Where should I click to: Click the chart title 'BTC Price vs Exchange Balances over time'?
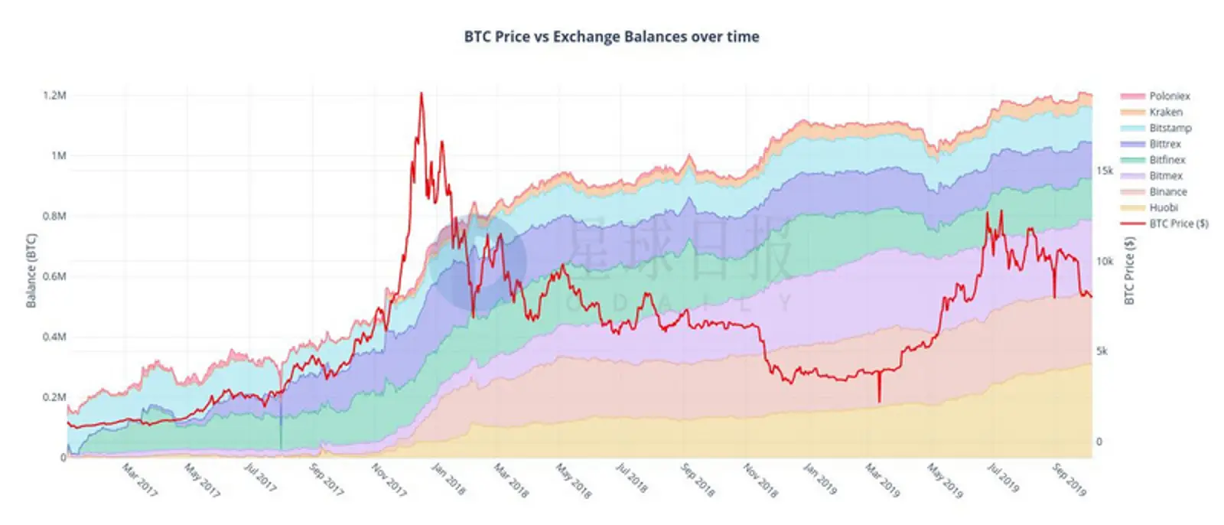click(611, 36)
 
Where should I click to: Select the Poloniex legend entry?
click(1169, 96)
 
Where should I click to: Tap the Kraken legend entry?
click(1165, 112)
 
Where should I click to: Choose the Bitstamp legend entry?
click(1170, 129)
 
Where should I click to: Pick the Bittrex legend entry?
click(1164, 144)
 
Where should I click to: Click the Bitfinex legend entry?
click(1167, 160)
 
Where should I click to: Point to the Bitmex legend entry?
click(1165, 176)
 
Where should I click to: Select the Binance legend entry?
click(1167, 192)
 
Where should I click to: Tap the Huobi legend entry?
click(1163, 207)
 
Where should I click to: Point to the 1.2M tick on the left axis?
click(54, 96)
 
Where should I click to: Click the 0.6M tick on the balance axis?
click(54, 276)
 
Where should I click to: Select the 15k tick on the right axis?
click(1105, 171)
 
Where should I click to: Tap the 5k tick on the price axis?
click(1102, 351)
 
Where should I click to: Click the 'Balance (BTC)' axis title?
click(31, 270)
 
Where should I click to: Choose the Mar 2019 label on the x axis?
click(883, 480)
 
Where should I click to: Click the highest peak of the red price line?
click(422, 93)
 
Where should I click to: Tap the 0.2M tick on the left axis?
click(54, 397)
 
